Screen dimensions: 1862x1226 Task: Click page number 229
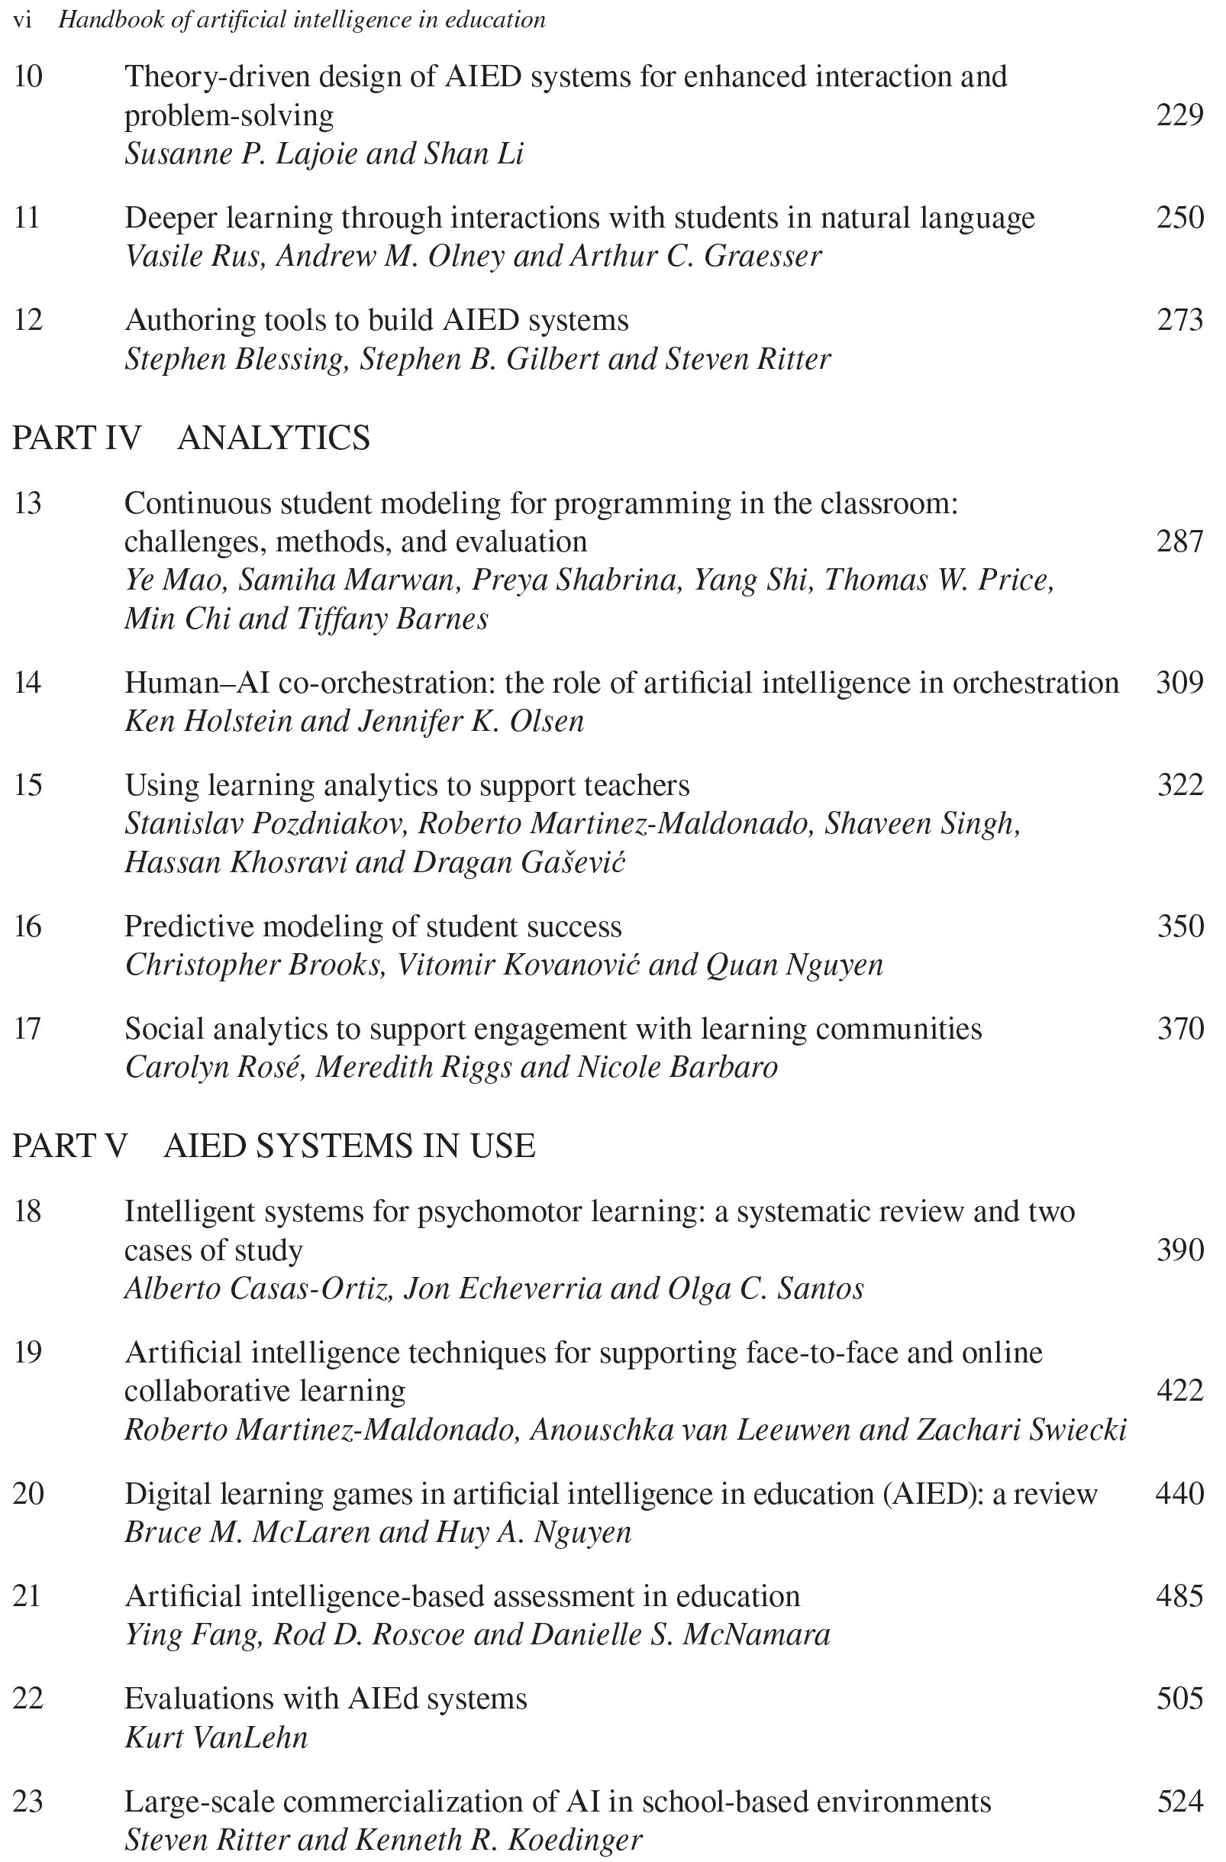click(1180, 116)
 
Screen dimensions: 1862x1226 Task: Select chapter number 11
click(27, 218)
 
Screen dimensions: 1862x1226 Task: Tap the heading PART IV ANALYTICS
click(192, 438)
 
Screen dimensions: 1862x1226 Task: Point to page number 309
click(1180, 683)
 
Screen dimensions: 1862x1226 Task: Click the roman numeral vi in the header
click(23, 21)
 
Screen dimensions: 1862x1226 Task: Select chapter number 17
click(27, 1029)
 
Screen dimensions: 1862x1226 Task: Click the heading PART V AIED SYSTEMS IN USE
click(273, 1146)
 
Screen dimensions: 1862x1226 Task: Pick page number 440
click(1180, 1494)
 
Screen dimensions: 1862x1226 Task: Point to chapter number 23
click(28, 1801)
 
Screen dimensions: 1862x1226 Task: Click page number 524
click(1180, 1801)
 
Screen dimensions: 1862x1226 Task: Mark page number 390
click(1180, 1250)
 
